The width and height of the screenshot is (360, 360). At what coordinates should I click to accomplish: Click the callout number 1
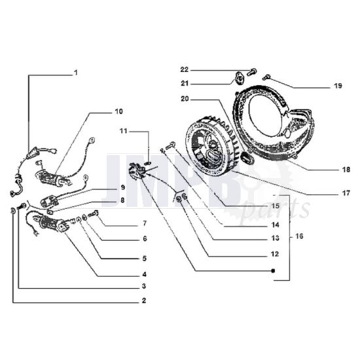pos(75,72)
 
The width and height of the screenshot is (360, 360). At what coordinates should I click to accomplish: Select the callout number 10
pos(118,111)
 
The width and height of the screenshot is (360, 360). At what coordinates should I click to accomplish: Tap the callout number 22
pos(185,69)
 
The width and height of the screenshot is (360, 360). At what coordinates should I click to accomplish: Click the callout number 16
pos(299,236)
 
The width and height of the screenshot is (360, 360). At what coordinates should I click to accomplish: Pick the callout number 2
pos(143,301)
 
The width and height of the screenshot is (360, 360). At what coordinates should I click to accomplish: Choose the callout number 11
pos(123,132)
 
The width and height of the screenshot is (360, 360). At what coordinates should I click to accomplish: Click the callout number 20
pos(185,99)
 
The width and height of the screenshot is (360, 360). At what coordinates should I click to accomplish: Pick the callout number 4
pos(143,274)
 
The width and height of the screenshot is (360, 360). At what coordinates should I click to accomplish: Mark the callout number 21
pos(185,83)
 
